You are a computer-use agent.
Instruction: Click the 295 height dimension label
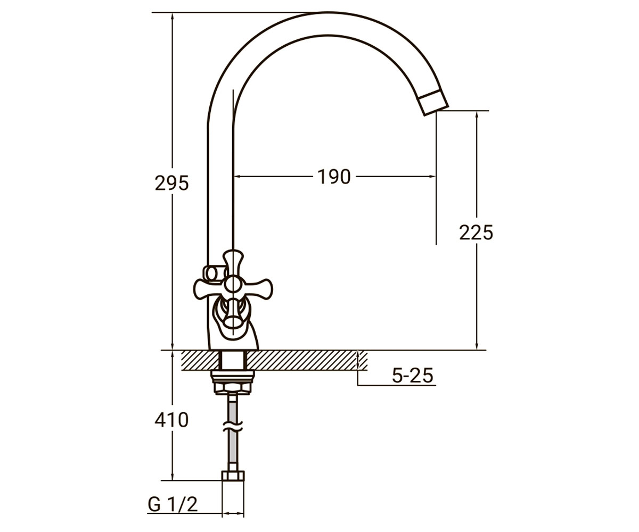click(x=171, y=184)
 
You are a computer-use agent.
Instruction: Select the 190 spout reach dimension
click(x=334, y=177)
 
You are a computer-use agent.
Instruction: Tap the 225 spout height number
click(x=476, y=232)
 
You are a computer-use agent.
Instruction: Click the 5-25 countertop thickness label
click(x=413, y=376)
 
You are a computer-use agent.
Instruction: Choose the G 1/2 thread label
click(x=173, y=505)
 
